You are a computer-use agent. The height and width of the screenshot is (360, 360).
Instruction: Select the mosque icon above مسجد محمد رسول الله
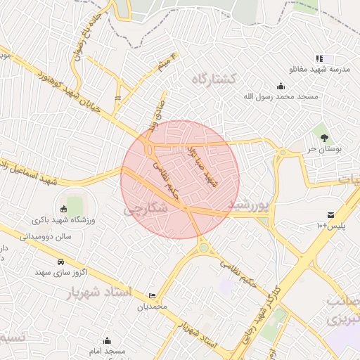281,86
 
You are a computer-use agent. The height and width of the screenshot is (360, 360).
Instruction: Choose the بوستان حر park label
325,149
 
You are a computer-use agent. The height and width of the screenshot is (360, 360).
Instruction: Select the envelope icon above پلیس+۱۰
330,214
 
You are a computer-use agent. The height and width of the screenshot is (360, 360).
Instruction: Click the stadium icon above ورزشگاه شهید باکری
63,209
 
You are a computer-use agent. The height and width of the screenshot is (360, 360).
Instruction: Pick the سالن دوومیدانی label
46,238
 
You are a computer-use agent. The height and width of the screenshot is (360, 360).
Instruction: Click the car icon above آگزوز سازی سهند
41,261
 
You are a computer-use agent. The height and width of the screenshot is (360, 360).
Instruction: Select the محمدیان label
152,306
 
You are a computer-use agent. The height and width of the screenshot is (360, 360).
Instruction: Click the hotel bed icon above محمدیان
153,296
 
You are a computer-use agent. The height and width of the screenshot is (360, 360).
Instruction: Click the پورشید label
249,203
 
